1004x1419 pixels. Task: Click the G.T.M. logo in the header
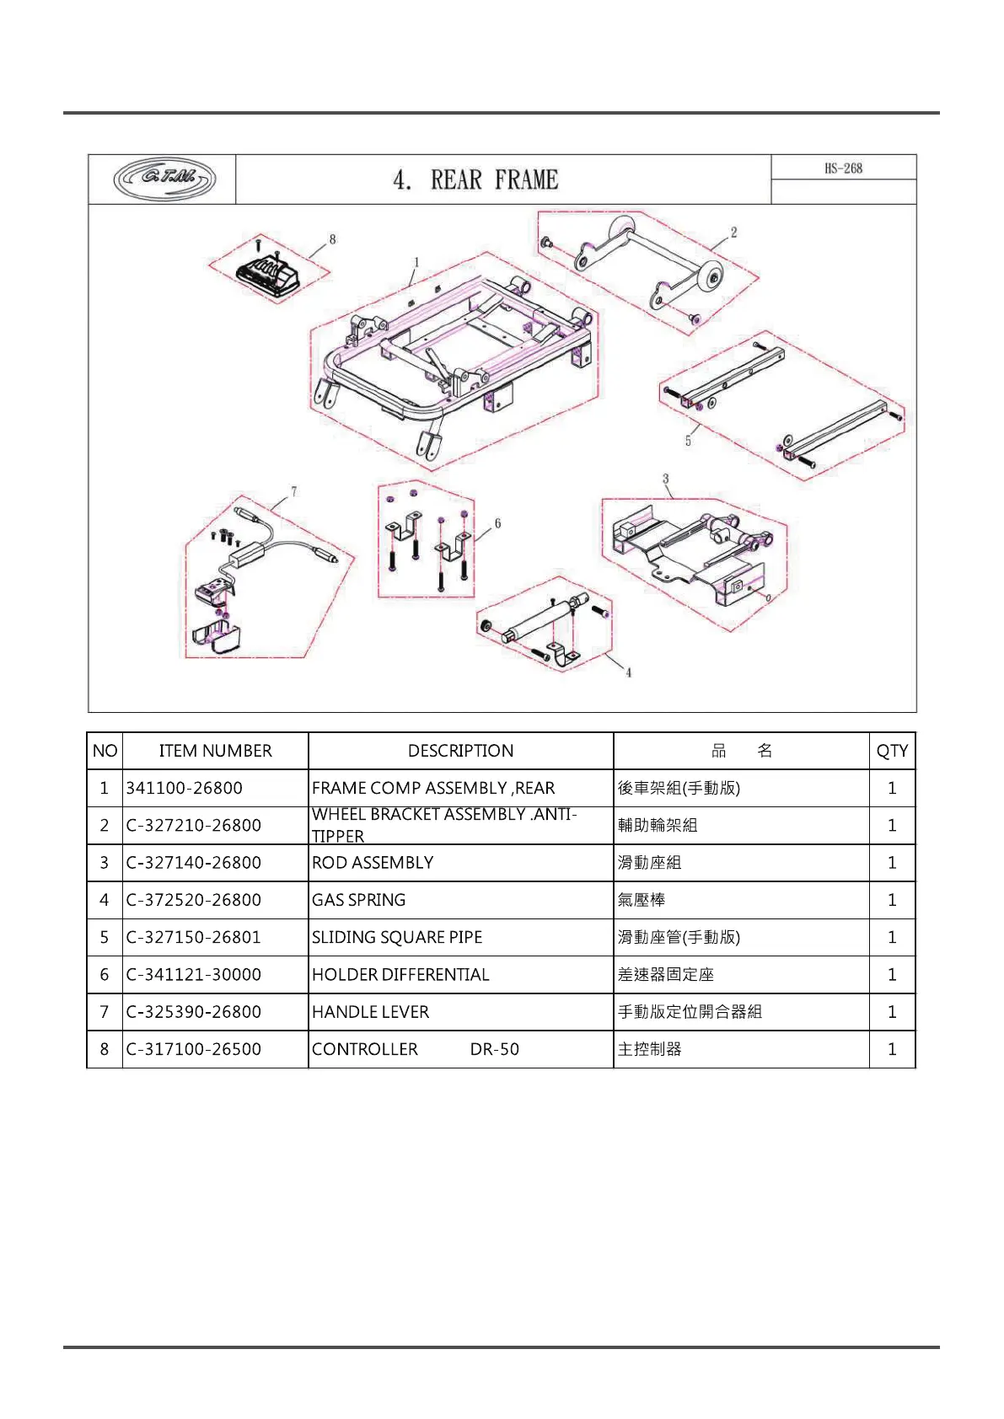coord(164,179)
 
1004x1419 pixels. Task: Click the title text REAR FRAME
coord(493,179)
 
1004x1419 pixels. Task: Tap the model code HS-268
coord(843,169)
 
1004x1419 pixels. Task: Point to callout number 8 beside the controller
coord(333,240)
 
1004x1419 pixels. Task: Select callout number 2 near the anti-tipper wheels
coord(733,233)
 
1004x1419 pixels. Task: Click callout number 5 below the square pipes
coord(688,441)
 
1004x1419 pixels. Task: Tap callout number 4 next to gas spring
coord(628,672)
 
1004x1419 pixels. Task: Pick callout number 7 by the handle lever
coord(293,491)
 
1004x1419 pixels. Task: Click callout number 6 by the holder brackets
coord(497,524)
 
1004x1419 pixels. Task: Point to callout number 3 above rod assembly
coord(665,479)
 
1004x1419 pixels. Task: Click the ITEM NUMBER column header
coord(215,751)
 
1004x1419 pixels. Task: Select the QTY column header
coord(892,751)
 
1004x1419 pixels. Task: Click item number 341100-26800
coord(184,788)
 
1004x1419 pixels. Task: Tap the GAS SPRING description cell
coord(358,900)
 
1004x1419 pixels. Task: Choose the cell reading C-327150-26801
coord(193,937)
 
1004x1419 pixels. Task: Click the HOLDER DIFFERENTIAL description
coord(400,974)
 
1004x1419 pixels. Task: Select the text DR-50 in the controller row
coord(494,1049)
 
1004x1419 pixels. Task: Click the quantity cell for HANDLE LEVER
coord(892,1011)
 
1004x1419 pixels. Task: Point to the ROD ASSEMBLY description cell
coord(372,863)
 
